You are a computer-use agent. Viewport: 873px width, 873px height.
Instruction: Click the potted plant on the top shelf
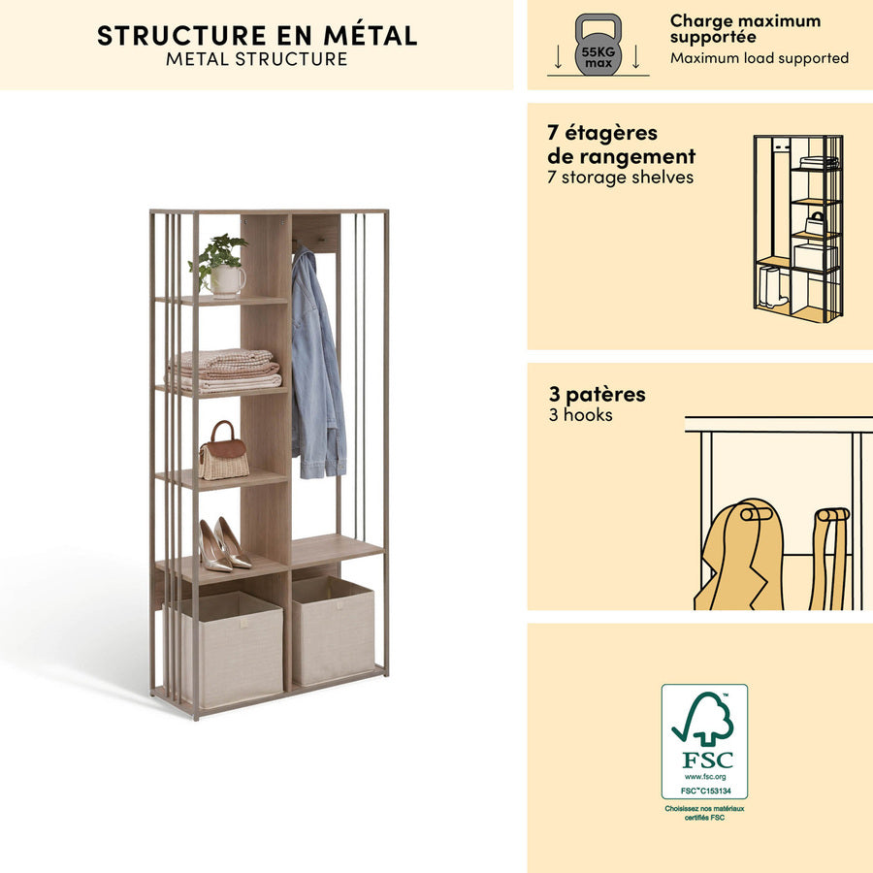(x=218, y=265)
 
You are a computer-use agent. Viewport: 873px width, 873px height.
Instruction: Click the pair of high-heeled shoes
(x=224, y=544)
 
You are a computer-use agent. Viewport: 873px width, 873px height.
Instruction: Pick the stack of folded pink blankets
(x=225, y=370)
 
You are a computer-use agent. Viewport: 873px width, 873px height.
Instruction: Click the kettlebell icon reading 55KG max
(x=598, y=45)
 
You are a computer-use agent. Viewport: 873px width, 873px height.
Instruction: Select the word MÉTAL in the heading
(x=371, y=36)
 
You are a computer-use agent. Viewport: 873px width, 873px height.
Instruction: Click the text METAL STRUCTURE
(x=257, y=59)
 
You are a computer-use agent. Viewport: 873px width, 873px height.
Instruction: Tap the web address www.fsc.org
(x=705, y=777)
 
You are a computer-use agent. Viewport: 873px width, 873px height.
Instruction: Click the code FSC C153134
(x=705, y=791)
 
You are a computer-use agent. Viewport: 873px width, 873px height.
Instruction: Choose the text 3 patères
(x=597, y=394)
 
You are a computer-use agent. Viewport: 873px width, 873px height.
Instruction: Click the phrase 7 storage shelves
(x=620, y=178)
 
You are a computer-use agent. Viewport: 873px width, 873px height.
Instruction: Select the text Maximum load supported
(x=760, y=58)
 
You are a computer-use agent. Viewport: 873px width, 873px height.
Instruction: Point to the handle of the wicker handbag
(x=221, y=431)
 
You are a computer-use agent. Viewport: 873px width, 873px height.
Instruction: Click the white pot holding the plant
(x=226, y=280)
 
